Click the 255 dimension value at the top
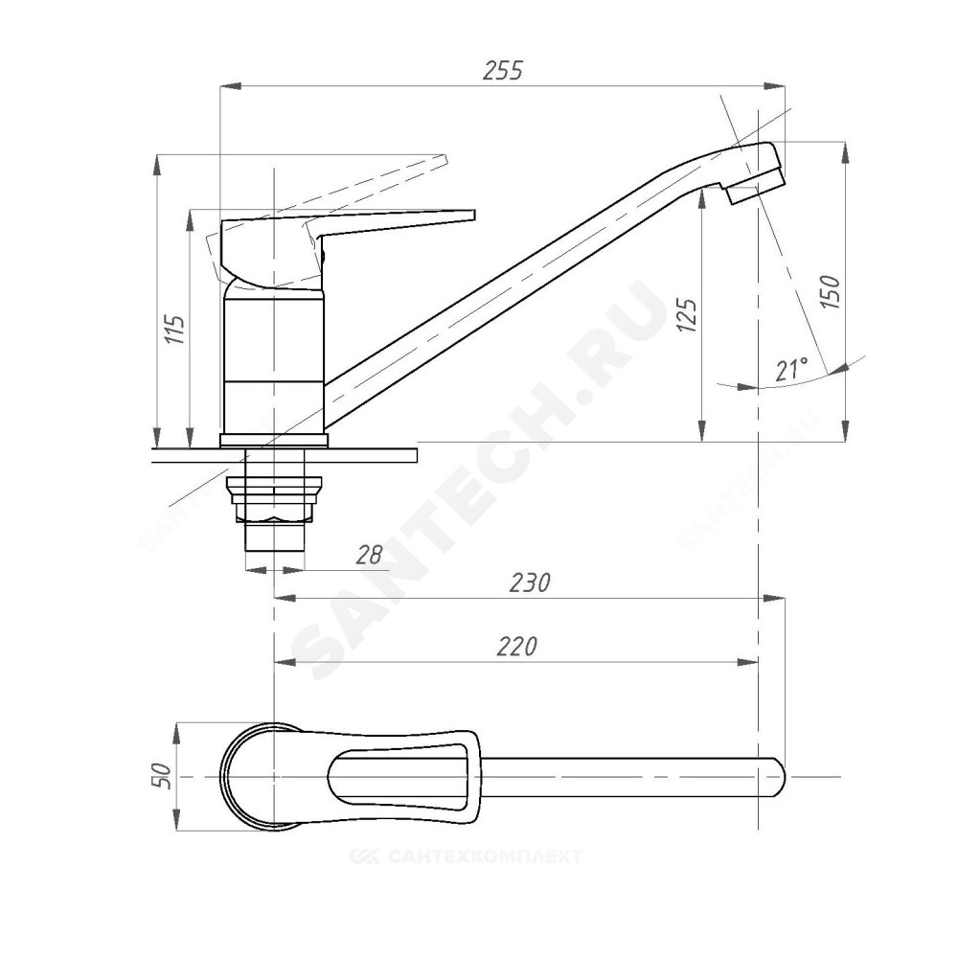(x=503, y=70)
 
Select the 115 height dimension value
(x=176, y=330)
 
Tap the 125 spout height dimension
(x=687, y=314)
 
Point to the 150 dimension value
(x=831, y=291)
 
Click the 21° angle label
(x=791, y=369)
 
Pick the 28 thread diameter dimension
(x=369, y=555)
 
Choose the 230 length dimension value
(x=530, y=582)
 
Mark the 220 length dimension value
(x=517, y=646)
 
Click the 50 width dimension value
(x=163, y=777)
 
